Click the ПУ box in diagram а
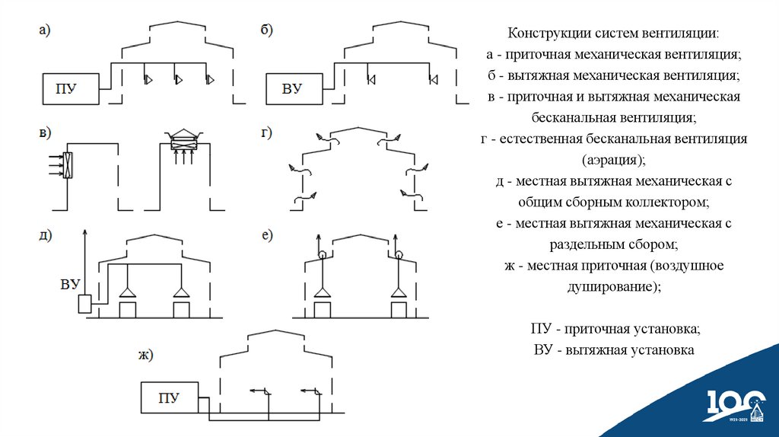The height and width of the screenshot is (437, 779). coord(70,89)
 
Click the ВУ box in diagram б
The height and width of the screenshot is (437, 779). coord(292,89)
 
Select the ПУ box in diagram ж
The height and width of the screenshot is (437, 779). coord(168,398)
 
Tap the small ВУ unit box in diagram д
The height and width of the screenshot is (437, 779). coord(84,305)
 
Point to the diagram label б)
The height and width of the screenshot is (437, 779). coord(267,30)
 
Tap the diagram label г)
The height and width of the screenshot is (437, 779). coord(267,133)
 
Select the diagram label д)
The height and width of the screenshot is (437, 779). coord(45,234)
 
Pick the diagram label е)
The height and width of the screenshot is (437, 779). coord(267,234)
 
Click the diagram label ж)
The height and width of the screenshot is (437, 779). coord(145,353)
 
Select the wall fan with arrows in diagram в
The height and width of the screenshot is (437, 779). coord(67,164)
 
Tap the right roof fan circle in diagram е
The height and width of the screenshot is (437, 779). coord(398,254)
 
